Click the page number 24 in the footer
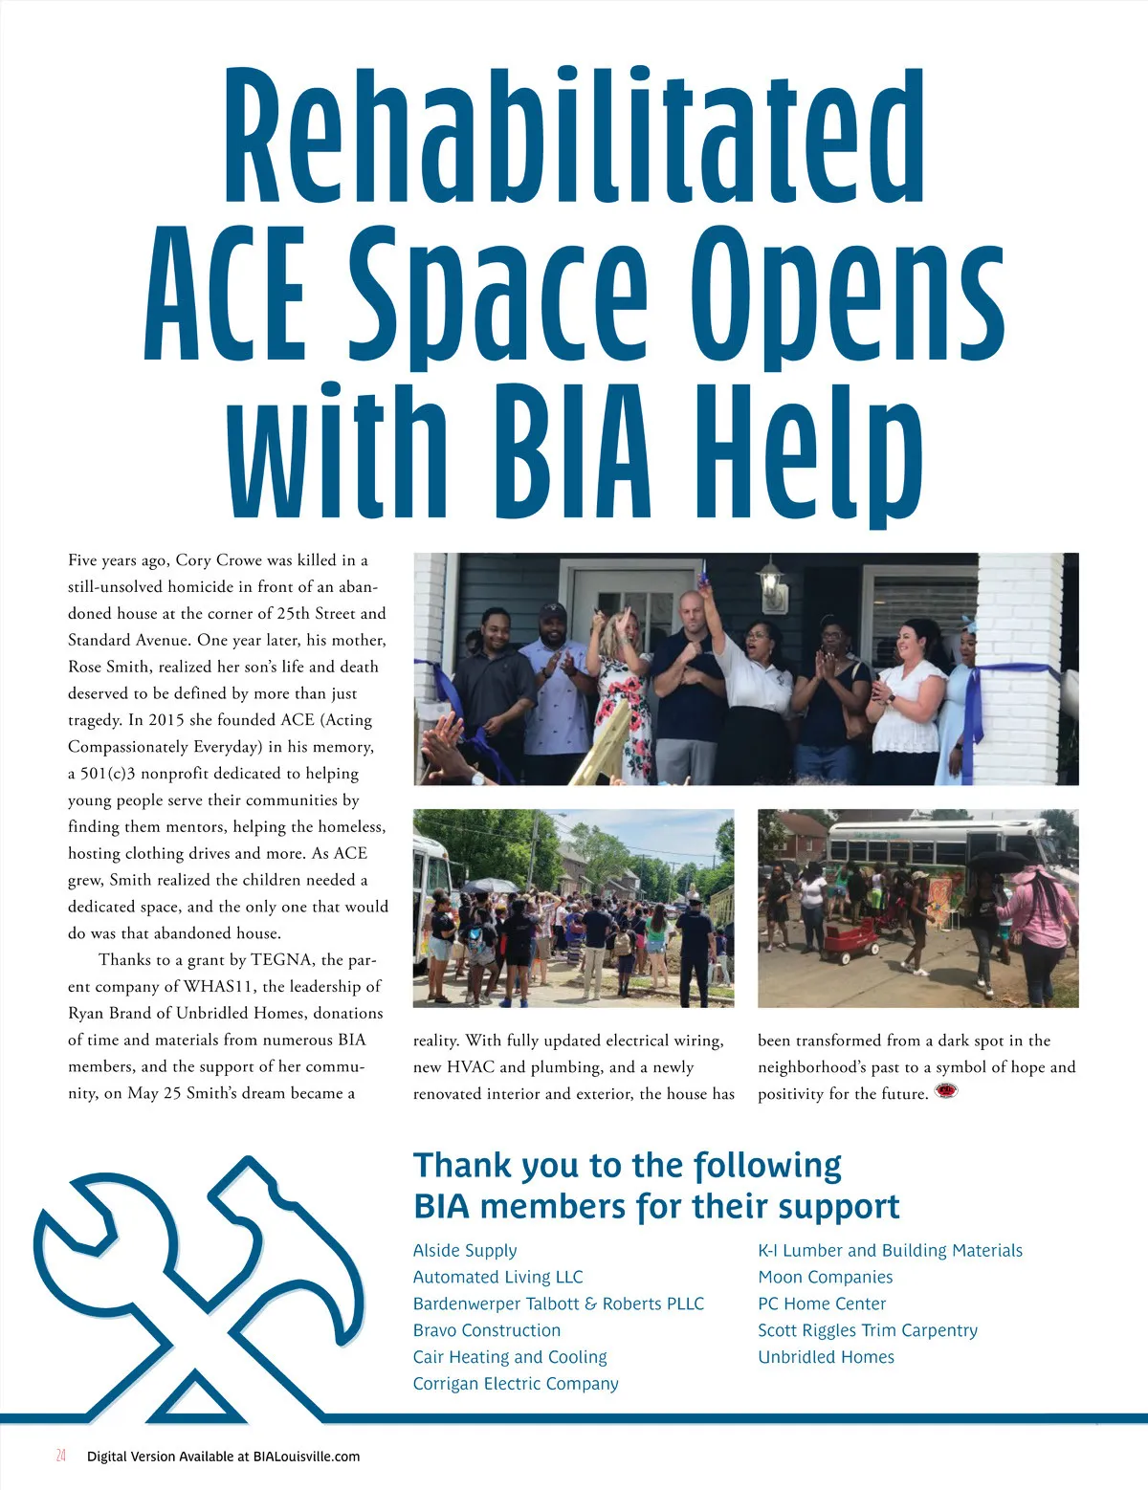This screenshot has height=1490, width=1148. [x=61, y=1456]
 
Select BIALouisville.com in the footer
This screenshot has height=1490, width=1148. [x=306, y=1457]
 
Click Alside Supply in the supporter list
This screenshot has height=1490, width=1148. [x=465, y=1250]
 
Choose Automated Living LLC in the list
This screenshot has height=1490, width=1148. [x=497, y=1277]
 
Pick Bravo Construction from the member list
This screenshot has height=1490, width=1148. [x=487, y=1330]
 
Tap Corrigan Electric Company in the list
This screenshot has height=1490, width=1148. [x=516, y=1384]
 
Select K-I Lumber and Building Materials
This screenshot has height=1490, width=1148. [x=890, y=1250]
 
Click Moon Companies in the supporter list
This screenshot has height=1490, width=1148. [x=825, y=1277]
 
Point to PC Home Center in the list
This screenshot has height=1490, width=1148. [x=822, y=1304]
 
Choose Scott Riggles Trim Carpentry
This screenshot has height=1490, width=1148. [x=868, y=1330]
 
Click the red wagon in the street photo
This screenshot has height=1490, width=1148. [x=850, y=942]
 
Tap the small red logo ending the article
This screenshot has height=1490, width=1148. [x=946, y=1091]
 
